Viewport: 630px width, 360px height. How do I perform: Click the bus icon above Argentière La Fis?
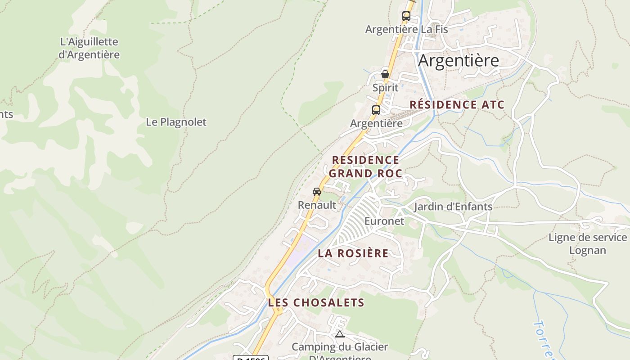[406, 16]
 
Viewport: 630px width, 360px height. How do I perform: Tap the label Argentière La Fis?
[406, 29]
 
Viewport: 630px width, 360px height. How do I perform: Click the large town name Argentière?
[458, 60]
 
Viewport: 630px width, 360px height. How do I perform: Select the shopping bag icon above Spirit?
[385, 74]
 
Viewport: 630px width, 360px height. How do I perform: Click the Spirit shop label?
[385, 87]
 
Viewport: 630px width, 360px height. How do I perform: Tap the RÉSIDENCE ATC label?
[456, 105]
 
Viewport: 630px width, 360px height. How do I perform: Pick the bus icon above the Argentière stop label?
[376, 110]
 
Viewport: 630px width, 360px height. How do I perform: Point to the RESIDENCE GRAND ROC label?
[365, 166]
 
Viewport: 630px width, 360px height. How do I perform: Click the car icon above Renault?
[317, 192]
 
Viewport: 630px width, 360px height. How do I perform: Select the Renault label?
[317, 205]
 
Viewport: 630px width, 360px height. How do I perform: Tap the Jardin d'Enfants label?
[453, 207]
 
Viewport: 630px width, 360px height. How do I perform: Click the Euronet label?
[384, 221]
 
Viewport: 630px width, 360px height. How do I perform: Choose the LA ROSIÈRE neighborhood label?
[353, 253]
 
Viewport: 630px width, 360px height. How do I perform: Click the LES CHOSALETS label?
[316, 302]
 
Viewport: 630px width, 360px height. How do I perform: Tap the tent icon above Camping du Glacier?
[340, 334]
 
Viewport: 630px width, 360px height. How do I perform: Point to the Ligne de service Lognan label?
[587, 243]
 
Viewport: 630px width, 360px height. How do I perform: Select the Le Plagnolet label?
[176, 122]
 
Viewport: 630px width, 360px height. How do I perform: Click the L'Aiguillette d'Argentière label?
[89, 48]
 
